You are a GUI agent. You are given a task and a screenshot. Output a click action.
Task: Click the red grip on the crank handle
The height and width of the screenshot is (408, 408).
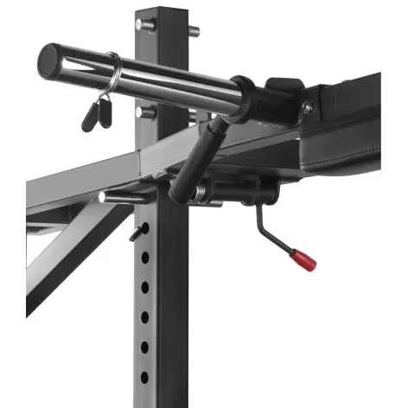coord(303,258)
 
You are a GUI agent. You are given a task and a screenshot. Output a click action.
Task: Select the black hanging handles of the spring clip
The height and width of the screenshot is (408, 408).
coord(97,112)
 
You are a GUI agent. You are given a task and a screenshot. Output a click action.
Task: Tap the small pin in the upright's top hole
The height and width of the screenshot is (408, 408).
coord(138,232)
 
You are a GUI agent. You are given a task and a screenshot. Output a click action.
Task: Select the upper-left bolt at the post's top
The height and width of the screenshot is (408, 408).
coord(144,24)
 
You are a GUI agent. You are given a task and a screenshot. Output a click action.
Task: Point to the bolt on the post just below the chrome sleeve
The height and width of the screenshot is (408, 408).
coord(145,112)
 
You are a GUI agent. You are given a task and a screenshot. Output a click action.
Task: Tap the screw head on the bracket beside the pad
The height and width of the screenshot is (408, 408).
coord(306,107)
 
